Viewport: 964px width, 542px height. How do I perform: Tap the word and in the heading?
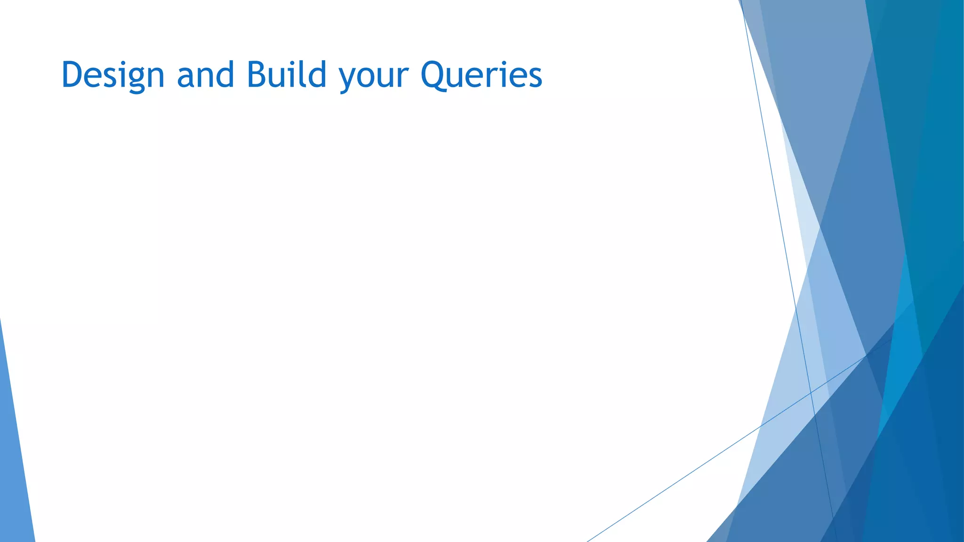(205, 75)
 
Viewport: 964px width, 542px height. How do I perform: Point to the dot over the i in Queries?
(503, 63)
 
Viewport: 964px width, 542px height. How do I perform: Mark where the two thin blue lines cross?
(811, 392)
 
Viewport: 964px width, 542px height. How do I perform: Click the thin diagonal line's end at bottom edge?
(588, 541)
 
